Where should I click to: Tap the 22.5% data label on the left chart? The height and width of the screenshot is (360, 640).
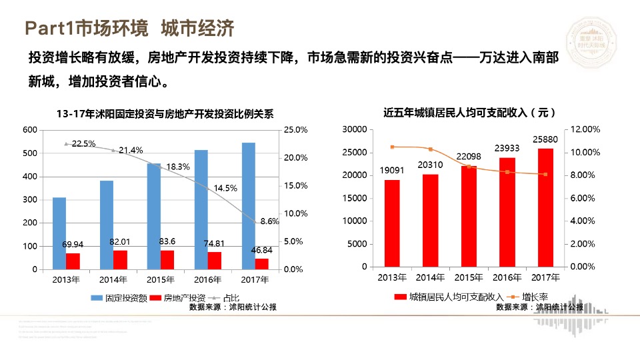click(83, 143)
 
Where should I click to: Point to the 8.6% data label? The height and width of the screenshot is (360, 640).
click(269, 221)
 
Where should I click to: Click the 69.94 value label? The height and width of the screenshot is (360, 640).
click(73, 245)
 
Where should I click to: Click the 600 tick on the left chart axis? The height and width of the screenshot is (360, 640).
click(30, 130)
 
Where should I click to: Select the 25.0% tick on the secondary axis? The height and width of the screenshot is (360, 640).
click(295, 130)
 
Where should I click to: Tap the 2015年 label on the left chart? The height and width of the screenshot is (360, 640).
click(160, 279)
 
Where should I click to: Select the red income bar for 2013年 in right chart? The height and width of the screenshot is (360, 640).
click(392, 223)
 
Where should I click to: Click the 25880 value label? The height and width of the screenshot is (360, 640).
click(545, 139)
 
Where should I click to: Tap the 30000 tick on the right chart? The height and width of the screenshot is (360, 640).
click(354, 129)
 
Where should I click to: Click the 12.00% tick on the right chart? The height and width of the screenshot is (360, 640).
click(587, 129)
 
